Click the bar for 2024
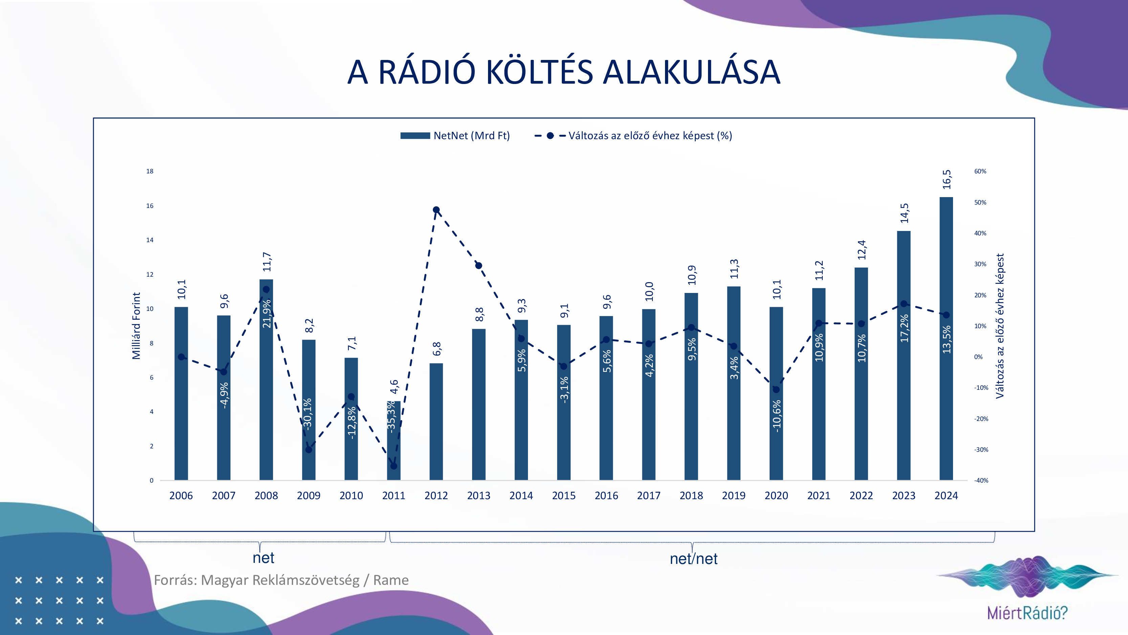(946, 338)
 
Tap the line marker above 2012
(436, 210)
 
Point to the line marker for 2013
(479, 266)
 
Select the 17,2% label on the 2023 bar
(904, 328)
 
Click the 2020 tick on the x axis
(776, 496)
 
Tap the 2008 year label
(266, 496)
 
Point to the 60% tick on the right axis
(980, 171)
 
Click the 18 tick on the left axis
(150, 171)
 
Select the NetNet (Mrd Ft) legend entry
(455, 135)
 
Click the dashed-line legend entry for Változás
(633, 135)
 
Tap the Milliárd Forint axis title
(136, 325)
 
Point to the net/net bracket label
(693, 559)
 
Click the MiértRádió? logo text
(1027, 612)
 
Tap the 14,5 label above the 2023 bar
(904, 213)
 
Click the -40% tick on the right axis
(981, 481)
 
